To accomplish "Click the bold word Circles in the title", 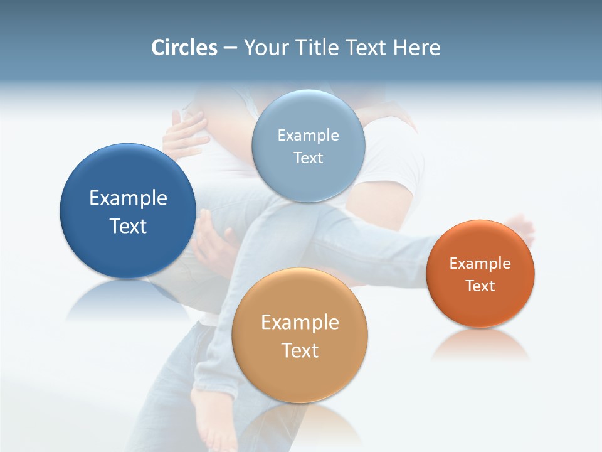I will click(x=184, y=48).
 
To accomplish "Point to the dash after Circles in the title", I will click(x=230, y=48).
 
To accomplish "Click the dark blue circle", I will click(x=128, y=251).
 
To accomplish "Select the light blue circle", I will click(x=308, y=182).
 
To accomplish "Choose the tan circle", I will click(x=300, y=377).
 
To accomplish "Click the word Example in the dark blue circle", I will click(x=128, y=198).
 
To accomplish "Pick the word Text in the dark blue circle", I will click(x=128, y=226).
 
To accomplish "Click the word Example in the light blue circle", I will click(x=308, y=136).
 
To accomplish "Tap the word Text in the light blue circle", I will click(x=308, y=158).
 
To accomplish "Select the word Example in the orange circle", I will click(x=480, y=264).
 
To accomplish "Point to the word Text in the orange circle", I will click(x=480, y=286).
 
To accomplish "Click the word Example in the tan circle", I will click(x=300, y=323).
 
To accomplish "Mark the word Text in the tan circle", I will click(x=300, y=350).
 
